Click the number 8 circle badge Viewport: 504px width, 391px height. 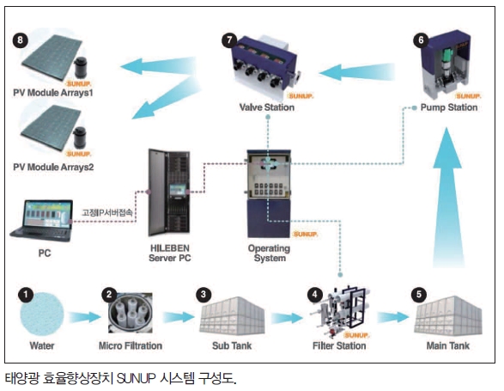(20, 40)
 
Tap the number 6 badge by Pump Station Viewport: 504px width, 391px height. (421, 40)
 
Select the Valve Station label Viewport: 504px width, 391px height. (267, 107)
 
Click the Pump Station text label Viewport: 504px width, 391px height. (449, 107)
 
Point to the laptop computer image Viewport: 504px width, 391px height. (42, 221)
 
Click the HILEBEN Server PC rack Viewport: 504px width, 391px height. (169, 192)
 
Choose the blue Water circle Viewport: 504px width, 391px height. (42, 314)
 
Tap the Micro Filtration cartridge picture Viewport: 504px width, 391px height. (131, 313)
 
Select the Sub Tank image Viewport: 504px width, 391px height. (232, 315)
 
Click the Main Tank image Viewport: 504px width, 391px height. (448, 315)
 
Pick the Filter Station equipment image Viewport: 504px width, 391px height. (341, 309)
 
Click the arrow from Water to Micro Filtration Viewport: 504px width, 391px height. (84, 317)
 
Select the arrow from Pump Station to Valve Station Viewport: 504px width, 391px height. (357, 72)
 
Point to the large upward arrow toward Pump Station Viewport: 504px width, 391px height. (447, 198)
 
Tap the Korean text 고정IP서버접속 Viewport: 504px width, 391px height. (107, 212)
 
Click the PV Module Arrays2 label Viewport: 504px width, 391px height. (53, 167)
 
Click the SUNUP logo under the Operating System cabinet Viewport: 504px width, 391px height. (305, 235)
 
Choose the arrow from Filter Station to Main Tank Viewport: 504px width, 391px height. (392, 317)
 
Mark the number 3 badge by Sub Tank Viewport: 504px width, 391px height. (203, 294)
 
